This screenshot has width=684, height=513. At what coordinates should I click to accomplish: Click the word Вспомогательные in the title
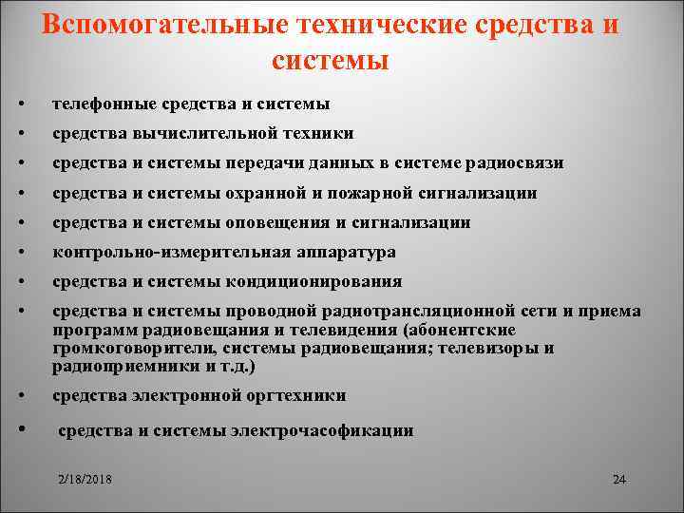[x=162, y=25]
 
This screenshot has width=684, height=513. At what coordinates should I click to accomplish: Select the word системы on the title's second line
[x=330, y=61]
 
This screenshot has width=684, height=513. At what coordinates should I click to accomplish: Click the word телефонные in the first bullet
[x=101, y=103]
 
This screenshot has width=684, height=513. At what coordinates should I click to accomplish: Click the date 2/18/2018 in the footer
[x=84, y=479]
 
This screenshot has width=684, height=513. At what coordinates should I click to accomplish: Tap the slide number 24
[x=619, y=479]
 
